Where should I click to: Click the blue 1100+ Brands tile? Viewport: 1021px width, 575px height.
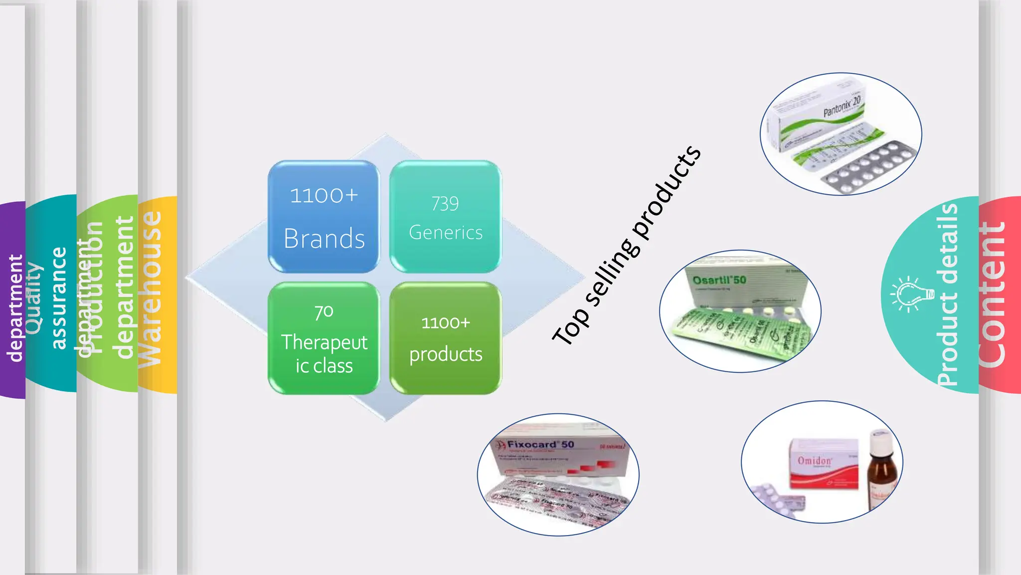[324, 216]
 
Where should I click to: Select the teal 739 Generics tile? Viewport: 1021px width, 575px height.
[445, 216]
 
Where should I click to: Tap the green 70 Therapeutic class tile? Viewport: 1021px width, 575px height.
[324, 338]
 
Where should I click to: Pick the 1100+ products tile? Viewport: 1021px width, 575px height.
[445, 338]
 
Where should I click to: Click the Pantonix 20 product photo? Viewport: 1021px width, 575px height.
[841, 134]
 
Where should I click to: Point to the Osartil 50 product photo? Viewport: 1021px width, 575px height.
[740, 311]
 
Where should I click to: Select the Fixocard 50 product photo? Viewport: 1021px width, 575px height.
[558, 474]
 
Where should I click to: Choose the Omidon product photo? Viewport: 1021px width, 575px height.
[822, 462]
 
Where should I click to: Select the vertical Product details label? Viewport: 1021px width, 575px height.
[948, 294]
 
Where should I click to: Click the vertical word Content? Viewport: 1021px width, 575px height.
[992, 294]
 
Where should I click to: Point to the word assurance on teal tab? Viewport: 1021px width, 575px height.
[59, 298]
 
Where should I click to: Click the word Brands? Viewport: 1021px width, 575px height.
[324, 239]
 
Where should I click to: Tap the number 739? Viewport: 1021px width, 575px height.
[445, 204]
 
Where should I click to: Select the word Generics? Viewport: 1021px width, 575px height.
[446, 233]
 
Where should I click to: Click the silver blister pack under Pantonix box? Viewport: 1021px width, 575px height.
[870, 168]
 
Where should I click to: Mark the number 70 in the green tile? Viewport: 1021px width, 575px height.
[324, 312]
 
